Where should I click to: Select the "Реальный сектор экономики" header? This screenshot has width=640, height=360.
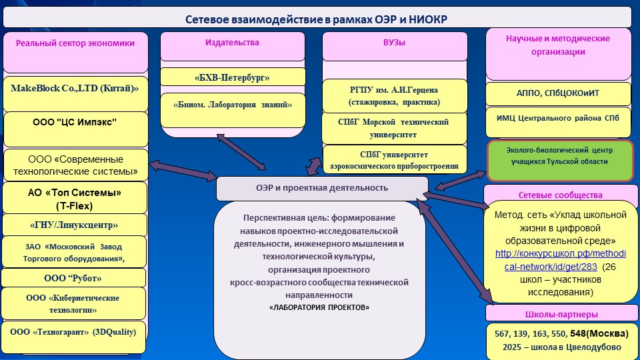(x=75, y=43)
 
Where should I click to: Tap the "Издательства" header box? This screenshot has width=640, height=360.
(x=232, y=43)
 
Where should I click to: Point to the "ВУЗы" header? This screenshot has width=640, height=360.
(x=394, y=43)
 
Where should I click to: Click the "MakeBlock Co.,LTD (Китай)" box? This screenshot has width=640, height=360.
(x=75, y=88)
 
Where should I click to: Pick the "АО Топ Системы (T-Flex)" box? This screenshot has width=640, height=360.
(x=75, y=197)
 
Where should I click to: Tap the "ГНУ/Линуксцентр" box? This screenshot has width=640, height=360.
(x=75, y=225)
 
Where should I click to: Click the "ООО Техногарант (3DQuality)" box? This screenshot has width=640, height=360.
(x=73, y=331)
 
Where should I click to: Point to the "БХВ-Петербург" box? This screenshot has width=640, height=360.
(x=233, y=78)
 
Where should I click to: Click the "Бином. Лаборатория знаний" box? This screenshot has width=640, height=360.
(x=233, y=105)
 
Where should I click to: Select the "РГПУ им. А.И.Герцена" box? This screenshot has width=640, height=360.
(x=394, y=96)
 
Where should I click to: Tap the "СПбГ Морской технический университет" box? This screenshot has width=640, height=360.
(x=394, y=128)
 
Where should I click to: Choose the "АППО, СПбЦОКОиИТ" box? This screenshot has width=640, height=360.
(x=557, y=93)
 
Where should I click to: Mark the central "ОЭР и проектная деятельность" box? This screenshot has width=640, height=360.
(x=321, y=188)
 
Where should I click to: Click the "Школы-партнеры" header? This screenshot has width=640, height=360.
(x=557, y=314)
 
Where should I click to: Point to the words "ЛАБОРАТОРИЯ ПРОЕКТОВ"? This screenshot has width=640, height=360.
(x=319, y=307)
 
